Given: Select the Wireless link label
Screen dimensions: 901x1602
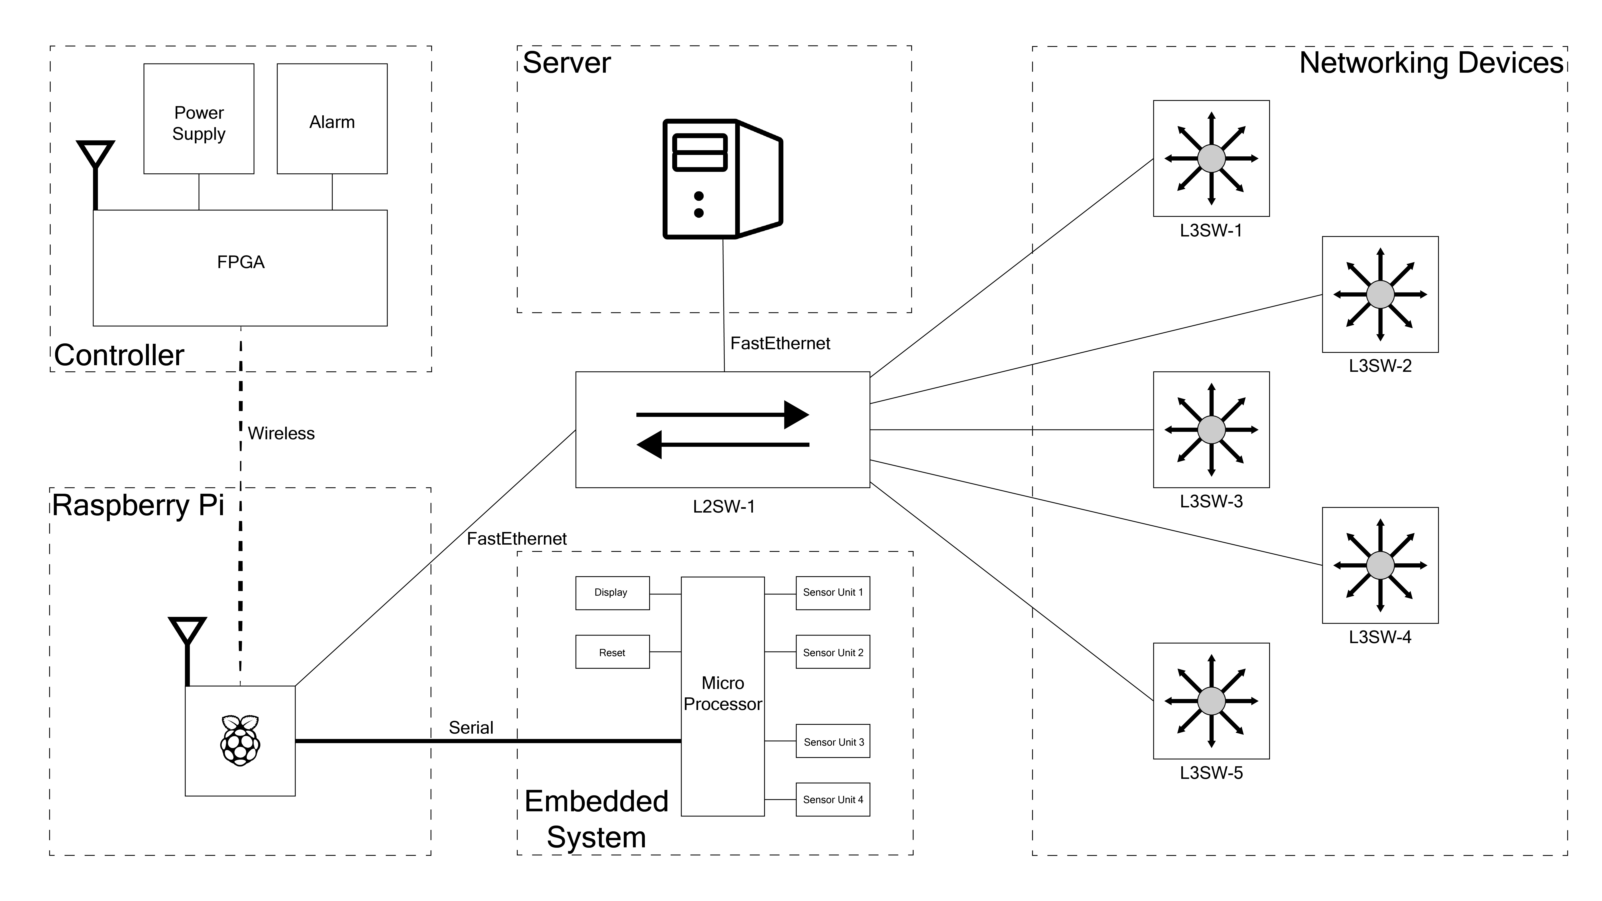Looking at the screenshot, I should [281, 433].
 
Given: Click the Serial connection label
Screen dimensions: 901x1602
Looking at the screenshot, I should [471, 728].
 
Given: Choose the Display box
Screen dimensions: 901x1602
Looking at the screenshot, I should [612, 593].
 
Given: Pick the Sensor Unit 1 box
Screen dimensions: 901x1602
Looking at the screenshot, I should [833, 593].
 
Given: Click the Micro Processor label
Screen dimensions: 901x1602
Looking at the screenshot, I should [723, 693].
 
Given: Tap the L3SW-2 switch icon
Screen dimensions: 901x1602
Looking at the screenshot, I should [1380, 294].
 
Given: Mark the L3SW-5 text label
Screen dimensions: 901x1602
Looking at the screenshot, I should [1211, 773].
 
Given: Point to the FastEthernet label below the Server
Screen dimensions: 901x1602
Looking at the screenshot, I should [780, 343].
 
